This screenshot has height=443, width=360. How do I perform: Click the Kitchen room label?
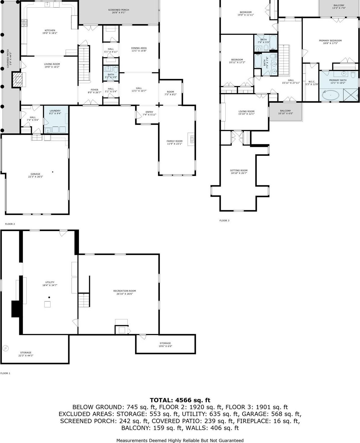[x=50, y=30]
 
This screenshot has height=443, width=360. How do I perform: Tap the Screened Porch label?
[x=118, y=10]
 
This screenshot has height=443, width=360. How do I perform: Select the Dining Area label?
[x=139, y=48]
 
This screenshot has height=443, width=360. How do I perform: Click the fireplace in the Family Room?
[x=192, y=140]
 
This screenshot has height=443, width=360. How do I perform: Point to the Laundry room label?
[x=55, y=111]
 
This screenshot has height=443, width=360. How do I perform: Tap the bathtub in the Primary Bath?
[x=330, y=95]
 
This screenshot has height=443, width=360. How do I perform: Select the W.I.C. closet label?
[x=312, y=82]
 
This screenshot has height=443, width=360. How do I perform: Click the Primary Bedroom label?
[x=330, y=41]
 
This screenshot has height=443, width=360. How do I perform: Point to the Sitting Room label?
[x=239, y=170]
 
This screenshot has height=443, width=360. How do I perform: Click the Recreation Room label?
[x=124, y=291]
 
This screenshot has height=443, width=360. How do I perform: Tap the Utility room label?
[x=50, y=282]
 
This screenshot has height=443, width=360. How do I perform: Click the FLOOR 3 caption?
[x=224, y=221]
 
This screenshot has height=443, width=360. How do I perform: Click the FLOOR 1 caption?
[x=5, y=373]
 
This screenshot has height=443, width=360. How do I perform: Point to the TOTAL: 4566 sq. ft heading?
[x=180, y=400]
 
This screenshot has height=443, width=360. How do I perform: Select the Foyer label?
[x=95, y=90]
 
